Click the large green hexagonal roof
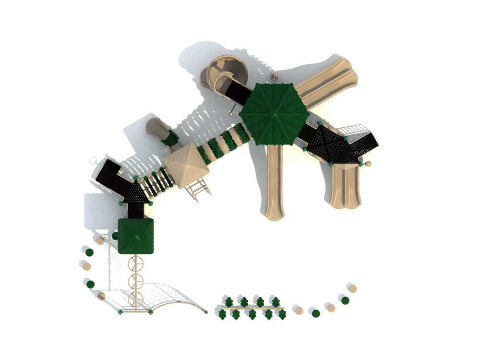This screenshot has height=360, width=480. pos(275,114)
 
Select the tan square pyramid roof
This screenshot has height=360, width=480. pos(185,165)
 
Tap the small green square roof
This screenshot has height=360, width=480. pos(136,235)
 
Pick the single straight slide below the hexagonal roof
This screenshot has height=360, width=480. pos(275,182)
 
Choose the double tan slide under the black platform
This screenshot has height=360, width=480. pos(344,186)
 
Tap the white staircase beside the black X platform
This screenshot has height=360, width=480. pos(354,130)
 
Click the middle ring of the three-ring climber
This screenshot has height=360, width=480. pos(136,279)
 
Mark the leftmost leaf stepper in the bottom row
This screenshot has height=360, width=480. pos(222,314)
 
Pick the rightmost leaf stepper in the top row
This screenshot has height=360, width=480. pos(276,301)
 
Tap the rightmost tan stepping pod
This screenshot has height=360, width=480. pos(353,288)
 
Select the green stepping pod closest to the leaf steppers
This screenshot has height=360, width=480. pos(315,313)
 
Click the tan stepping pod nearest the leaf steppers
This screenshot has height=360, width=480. pos(299,311)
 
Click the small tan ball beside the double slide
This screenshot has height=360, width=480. pos(368,164)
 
